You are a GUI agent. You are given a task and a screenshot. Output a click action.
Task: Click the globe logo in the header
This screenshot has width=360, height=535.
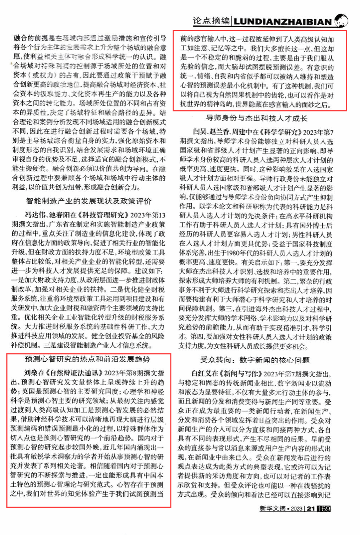tap(341, 20)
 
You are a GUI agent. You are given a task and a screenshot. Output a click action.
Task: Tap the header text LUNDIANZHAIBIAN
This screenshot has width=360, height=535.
tap(283, 22)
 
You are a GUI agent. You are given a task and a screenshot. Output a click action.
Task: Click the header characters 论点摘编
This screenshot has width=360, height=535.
tap(211, 21)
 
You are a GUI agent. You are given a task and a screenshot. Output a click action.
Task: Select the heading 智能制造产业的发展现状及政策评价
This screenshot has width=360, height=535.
tap(89, 201)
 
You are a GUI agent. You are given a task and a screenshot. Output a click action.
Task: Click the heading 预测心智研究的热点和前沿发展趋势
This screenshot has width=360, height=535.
tap(88, 359)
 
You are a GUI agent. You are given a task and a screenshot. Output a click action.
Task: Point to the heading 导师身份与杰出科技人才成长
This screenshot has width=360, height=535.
tap(257, 118)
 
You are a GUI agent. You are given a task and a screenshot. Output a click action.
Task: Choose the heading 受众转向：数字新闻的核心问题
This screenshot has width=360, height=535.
tap(255, 360)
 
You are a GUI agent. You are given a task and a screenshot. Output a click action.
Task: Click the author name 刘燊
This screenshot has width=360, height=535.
tap(31, 373)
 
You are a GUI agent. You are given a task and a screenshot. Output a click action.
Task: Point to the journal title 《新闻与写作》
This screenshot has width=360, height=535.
tap(241, 374)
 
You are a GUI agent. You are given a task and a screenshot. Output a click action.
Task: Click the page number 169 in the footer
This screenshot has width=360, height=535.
tap(324, 508)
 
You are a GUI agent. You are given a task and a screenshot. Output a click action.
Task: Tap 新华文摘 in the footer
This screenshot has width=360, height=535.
tap(272, 508)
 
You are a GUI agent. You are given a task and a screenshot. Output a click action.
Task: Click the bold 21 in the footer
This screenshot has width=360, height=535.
tap(311, 508)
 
